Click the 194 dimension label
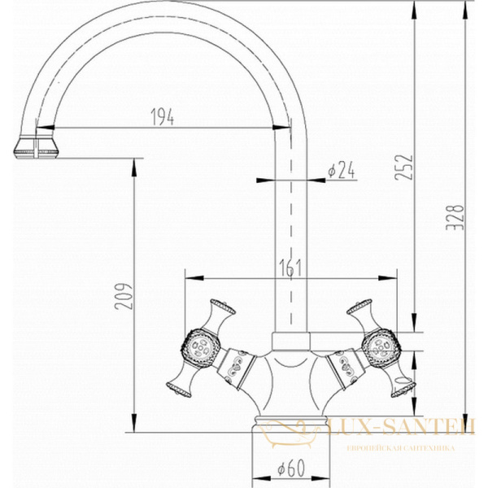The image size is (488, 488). pos(163,116)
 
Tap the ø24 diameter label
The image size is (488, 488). pos(342,171)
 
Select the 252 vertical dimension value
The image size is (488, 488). pos(403,167)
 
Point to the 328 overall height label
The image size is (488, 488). pos(455,217)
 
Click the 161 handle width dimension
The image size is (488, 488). pos(290,268)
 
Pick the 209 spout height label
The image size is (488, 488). pos(124,296)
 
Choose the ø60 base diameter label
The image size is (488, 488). pos(291,468)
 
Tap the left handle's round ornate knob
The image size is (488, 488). pos(201,346)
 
